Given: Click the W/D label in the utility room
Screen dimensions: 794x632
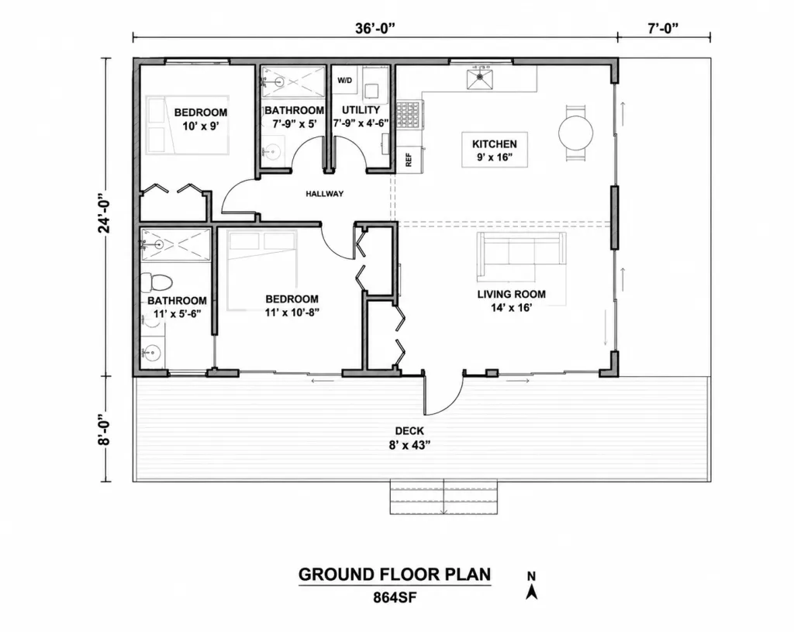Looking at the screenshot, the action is [344, 81].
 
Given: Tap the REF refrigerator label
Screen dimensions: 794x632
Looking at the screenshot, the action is [409, 160].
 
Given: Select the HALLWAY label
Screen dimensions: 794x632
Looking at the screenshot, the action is [325, 193].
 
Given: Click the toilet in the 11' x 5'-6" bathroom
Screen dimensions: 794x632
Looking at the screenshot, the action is [157, 282].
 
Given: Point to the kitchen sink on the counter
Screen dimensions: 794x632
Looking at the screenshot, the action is [479, 78].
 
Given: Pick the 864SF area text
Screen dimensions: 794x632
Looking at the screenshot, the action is [395, 598].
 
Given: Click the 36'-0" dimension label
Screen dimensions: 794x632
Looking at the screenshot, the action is [375, 29].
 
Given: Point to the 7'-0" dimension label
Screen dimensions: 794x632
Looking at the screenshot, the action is [663, 29].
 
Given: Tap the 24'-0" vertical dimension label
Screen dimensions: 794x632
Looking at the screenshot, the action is [105, 213].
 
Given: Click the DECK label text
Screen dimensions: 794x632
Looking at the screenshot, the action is [409, 431].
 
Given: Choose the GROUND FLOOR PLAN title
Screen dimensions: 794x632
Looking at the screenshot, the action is [395, 575].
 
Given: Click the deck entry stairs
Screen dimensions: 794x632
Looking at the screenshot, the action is [444, 497].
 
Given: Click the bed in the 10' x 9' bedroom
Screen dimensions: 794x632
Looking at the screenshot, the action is [188, 125].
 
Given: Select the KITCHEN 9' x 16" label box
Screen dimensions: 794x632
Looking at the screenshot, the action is [495, 150].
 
